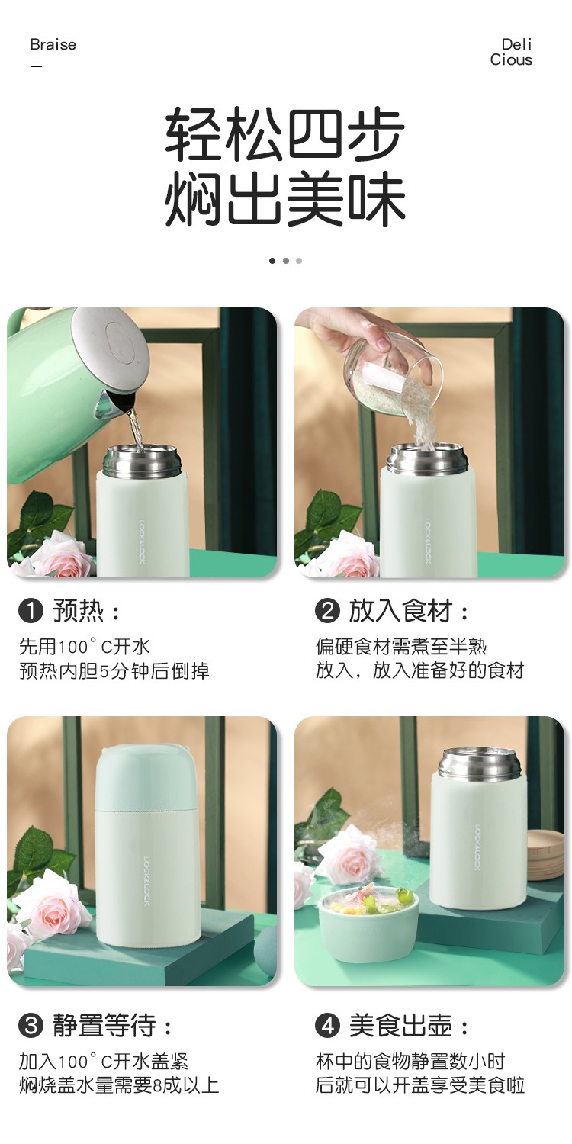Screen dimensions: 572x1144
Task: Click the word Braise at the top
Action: (x=53, y=44)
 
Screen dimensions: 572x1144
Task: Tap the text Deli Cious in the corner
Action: (x=511, y=52)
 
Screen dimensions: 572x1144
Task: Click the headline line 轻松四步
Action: (x=285, y=133)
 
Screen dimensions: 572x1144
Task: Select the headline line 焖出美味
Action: (x=285, y=199)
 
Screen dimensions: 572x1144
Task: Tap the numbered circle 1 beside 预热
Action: (x=31, y=611)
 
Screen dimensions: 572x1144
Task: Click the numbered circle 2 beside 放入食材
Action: (x=327, y=611)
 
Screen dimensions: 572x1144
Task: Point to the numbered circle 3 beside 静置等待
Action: (x=31, y=1026)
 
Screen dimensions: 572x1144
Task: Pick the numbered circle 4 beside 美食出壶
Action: (x=327, y=1026)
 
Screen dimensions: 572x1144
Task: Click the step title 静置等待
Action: (x=104, y=1026)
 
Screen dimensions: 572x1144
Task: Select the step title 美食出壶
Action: (x=401, y=1026)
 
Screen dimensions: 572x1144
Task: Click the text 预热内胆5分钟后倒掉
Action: (x=114, y=671)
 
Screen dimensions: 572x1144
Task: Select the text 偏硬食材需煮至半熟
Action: (x=401, y=647)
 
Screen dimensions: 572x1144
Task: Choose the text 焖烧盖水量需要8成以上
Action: (x=119, y=1085)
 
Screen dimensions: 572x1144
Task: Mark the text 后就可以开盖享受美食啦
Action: (x=419, y=1085)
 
